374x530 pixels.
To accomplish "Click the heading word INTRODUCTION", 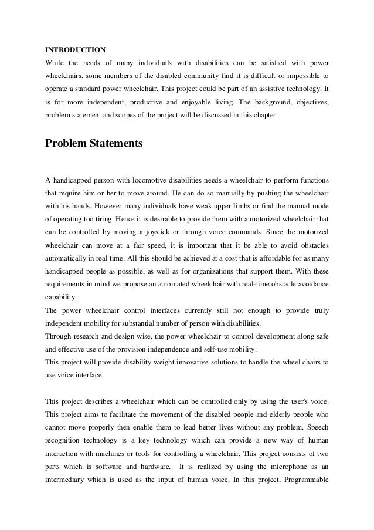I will click(x=76, y=49).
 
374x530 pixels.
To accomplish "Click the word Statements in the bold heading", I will click(x=115, y=143).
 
